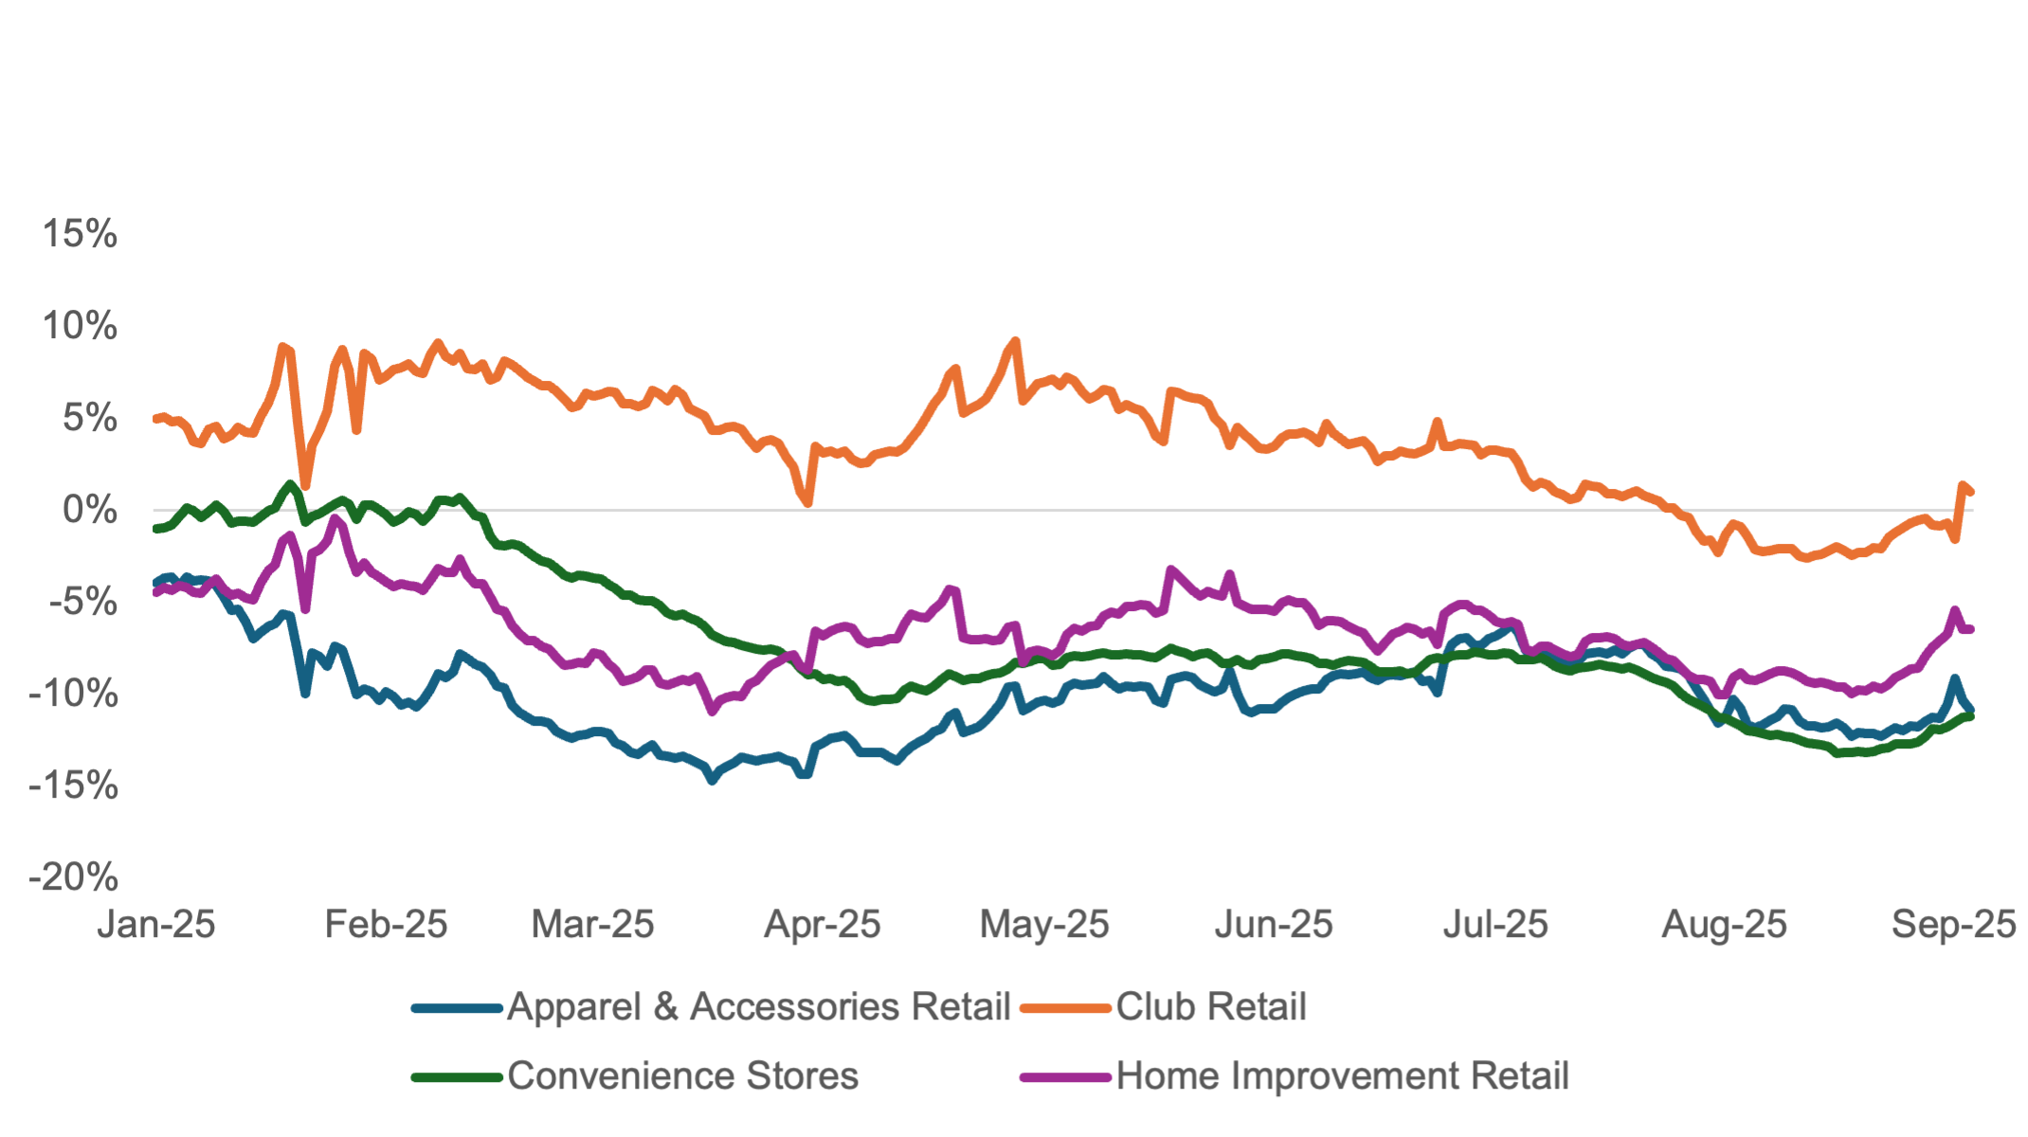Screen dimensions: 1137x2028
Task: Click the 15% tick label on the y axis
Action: coord(81,234)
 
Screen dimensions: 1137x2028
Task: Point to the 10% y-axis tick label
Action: coord(81,327)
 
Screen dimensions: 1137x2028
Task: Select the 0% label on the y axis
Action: coord(91,511)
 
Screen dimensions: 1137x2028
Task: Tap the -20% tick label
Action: coord(74,877)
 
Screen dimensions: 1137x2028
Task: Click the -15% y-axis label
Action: coord(74,785)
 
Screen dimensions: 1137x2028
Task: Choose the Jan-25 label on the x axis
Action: coord(157,925)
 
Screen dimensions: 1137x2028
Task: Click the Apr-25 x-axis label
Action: coord(823,925)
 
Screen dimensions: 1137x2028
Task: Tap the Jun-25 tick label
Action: coord(1274,925)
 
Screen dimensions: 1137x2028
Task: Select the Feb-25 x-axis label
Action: coord(387,925)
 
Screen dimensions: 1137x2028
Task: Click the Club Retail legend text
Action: coord(1211,1007)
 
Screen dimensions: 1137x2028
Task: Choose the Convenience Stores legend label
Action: coord(683,1076)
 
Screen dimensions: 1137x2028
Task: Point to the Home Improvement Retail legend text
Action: coord(1343,1076)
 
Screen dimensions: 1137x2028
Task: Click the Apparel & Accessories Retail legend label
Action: coord(759,1007)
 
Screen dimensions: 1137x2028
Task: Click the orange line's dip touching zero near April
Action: coord(807,506)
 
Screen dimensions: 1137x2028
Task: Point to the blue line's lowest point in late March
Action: coord(713,781)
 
